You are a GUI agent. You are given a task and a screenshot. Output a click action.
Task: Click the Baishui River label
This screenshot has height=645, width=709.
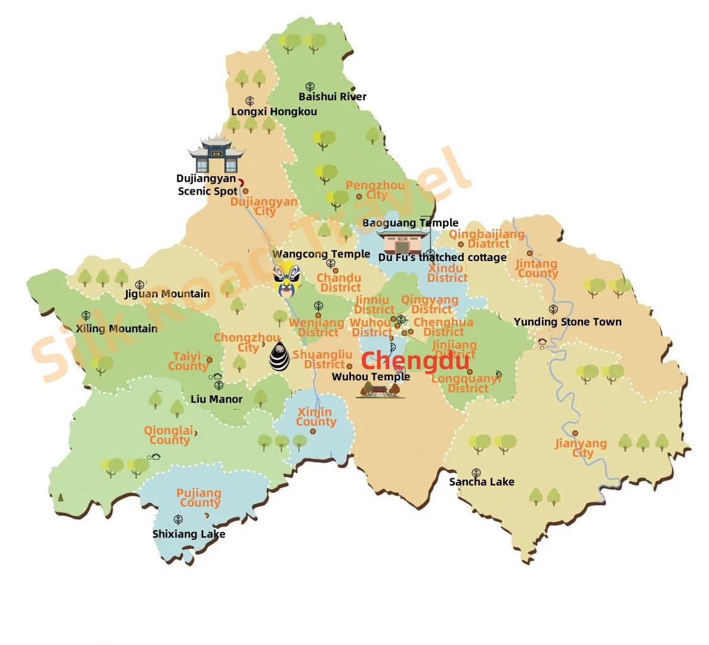coord(332,97)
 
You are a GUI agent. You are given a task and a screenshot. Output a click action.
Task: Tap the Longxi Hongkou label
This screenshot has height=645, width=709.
coord(274,112)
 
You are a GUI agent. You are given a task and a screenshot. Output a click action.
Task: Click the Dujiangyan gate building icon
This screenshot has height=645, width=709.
coord(216,155)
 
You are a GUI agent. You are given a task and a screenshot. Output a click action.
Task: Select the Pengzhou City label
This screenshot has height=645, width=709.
coord(375,190)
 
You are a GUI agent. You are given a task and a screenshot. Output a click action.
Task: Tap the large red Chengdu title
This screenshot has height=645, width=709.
coord(415,361)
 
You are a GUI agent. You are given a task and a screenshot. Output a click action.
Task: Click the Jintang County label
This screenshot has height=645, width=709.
coord(537,268)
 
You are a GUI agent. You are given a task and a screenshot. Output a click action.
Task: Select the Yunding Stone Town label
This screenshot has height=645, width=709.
coord(568,322)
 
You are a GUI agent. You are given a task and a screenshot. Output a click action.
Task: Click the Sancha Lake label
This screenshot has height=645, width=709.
coord(482,482)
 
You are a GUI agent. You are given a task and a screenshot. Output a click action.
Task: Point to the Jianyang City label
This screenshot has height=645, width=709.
coord(581,448)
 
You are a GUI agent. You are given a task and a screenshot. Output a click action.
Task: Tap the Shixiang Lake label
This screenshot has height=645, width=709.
coord(189,534)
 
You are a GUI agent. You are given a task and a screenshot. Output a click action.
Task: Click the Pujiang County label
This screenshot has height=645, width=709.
coord(199,497)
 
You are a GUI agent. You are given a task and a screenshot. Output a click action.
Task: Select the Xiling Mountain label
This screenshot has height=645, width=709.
coord(117,328)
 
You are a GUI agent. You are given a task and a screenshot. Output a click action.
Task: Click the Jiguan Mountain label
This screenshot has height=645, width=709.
coord(167,294)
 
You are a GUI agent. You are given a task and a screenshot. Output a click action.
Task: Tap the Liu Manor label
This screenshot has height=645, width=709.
coord(217,399)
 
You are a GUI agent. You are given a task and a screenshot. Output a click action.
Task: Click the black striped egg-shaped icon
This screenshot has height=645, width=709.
coord(279,357)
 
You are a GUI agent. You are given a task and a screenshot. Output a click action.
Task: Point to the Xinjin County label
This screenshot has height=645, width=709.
coord(316,417)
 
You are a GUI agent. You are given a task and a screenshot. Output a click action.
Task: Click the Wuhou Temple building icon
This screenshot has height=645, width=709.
coord(380,391)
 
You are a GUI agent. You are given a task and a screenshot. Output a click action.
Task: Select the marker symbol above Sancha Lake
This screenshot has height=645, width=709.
coord(476,473)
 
